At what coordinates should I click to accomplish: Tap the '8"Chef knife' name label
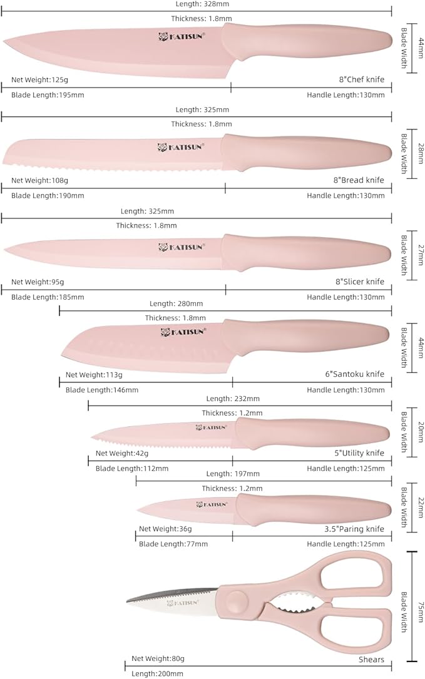click(361, 79)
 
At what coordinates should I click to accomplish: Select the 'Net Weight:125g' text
click(39, 79)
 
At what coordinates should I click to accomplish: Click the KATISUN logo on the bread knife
click(181, 147)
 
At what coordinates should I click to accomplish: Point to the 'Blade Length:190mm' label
click(48, 196)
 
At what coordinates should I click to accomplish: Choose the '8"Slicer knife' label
click(359, 282)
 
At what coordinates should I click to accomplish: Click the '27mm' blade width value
click(421, 255)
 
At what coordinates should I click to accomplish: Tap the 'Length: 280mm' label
click(176, 304)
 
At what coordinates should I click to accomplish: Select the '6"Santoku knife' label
click(354, 374)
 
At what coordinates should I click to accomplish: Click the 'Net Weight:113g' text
click(94, 375)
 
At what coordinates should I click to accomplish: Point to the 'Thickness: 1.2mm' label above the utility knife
click(232, 413)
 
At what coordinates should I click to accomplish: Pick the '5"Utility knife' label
click(359, 453)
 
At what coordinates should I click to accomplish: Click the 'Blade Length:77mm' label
click(173, 544)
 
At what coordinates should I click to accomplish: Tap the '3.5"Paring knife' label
click(354, 529)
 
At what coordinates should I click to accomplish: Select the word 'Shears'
click(371, 660)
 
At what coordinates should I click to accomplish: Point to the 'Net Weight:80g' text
click(158, 658)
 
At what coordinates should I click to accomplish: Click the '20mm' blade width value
click(421, 432)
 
